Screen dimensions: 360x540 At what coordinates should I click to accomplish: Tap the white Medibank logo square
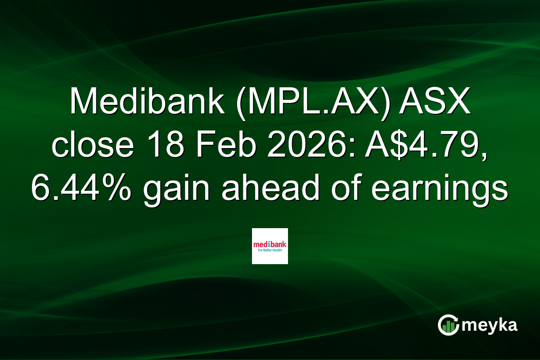tap(270, 246)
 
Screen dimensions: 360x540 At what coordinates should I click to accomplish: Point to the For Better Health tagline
tap(270, 251)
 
